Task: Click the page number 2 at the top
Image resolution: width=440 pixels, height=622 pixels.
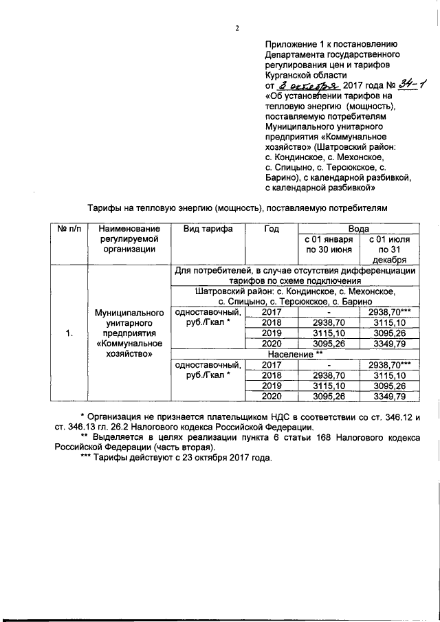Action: (236, 28)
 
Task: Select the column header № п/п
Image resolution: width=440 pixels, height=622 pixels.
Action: (68, 228)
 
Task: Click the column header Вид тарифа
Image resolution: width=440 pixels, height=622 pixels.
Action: (208, 228)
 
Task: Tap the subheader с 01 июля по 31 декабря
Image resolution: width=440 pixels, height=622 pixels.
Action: (389, 249)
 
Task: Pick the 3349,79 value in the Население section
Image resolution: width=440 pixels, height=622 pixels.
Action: (389, 397)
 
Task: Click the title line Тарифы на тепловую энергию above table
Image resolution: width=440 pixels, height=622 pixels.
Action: (236, 206)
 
